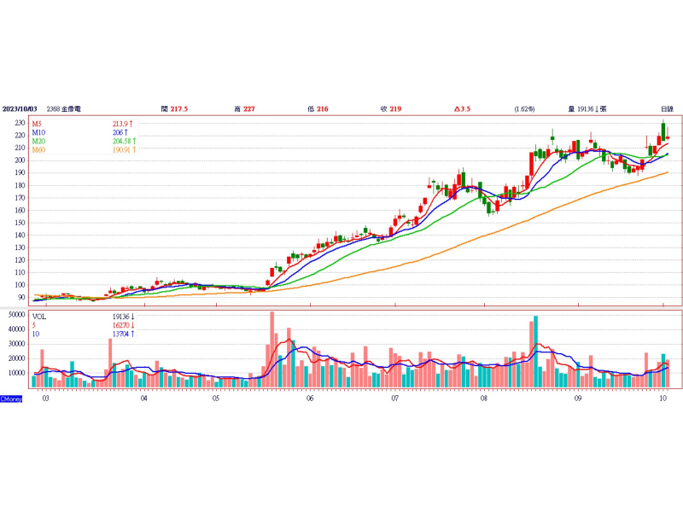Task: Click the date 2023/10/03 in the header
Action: pos(20,109)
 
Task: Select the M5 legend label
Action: pos(38,124)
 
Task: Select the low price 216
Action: pos(322,109)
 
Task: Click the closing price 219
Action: pos(395,109)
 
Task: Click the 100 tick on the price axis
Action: pos(19,285)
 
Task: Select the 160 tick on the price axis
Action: pos(19,210)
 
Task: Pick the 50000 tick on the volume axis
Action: pos(16,315)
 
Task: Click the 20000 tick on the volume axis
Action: pos(16,358)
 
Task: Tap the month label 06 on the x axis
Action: pos(309,398)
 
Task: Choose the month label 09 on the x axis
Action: pos(578,398)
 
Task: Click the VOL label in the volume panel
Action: pos(39,316)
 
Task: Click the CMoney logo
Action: pos(11,399)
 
